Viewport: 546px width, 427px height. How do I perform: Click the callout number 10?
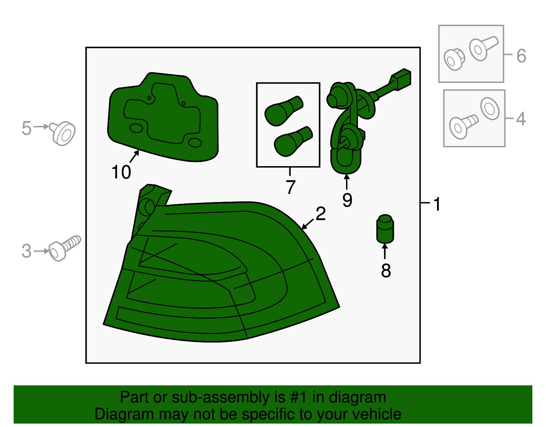(x=121, y=172)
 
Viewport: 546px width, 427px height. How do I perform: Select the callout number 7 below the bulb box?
(x=290, y=187)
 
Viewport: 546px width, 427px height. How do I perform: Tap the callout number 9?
(x=347, y=200)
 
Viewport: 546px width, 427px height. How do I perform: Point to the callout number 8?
(x=386, y=270)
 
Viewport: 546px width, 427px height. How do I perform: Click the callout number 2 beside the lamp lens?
(x=321, y=214)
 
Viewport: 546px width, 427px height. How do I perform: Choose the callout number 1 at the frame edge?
(x=437, y=204)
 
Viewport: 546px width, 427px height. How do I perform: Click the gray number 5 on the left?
(x=26, y=128)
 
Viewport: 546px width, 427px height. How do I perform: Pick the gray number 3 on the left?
(x=26, y=251)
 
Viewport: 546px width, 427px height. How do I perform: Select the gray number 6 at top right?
(x=521, y=56)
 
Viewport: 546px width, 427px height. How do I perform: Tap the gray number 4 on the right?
(x=521, y=119)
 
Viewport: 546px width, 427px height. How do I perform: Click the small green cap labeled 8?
(x=385, y=229)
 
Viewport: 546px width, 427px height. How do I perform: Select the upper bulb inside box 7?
(x=284, y=111)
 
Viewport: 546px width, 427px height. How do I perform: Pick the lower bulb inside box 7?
(x=293, y=142)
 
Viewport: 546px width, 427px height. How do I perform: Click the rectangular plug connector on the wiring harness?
(x=401, y=79)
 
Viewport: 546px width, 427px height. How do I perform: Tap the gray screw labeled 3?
(x=64, y=248)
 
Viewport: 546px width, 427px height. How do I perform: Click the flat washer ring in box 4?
(x=490, y=108)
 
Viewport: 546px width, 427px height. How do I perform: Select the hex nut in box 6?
(x=454, y=59)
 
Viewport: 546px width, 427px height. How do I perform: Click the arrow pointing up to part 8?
(x=385, y=251)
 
